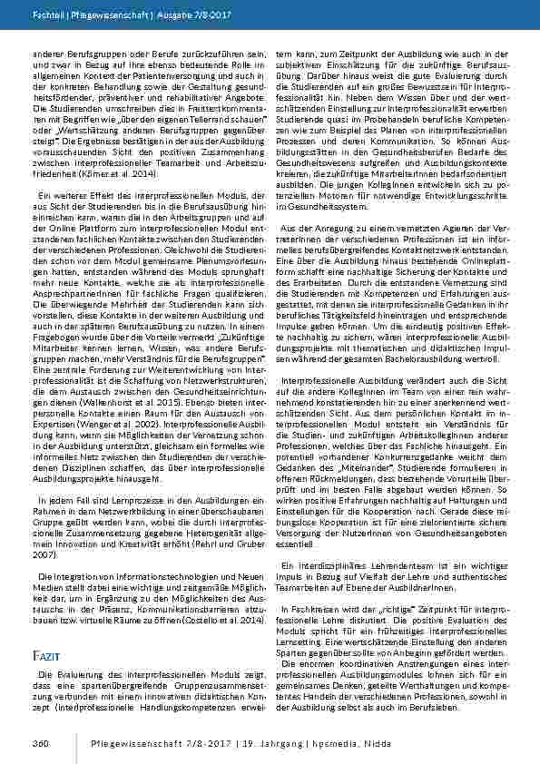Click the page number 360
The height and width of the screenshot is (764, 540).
point(40,744)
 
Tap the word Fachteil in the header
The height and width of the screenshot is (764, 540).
point(46,16)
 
